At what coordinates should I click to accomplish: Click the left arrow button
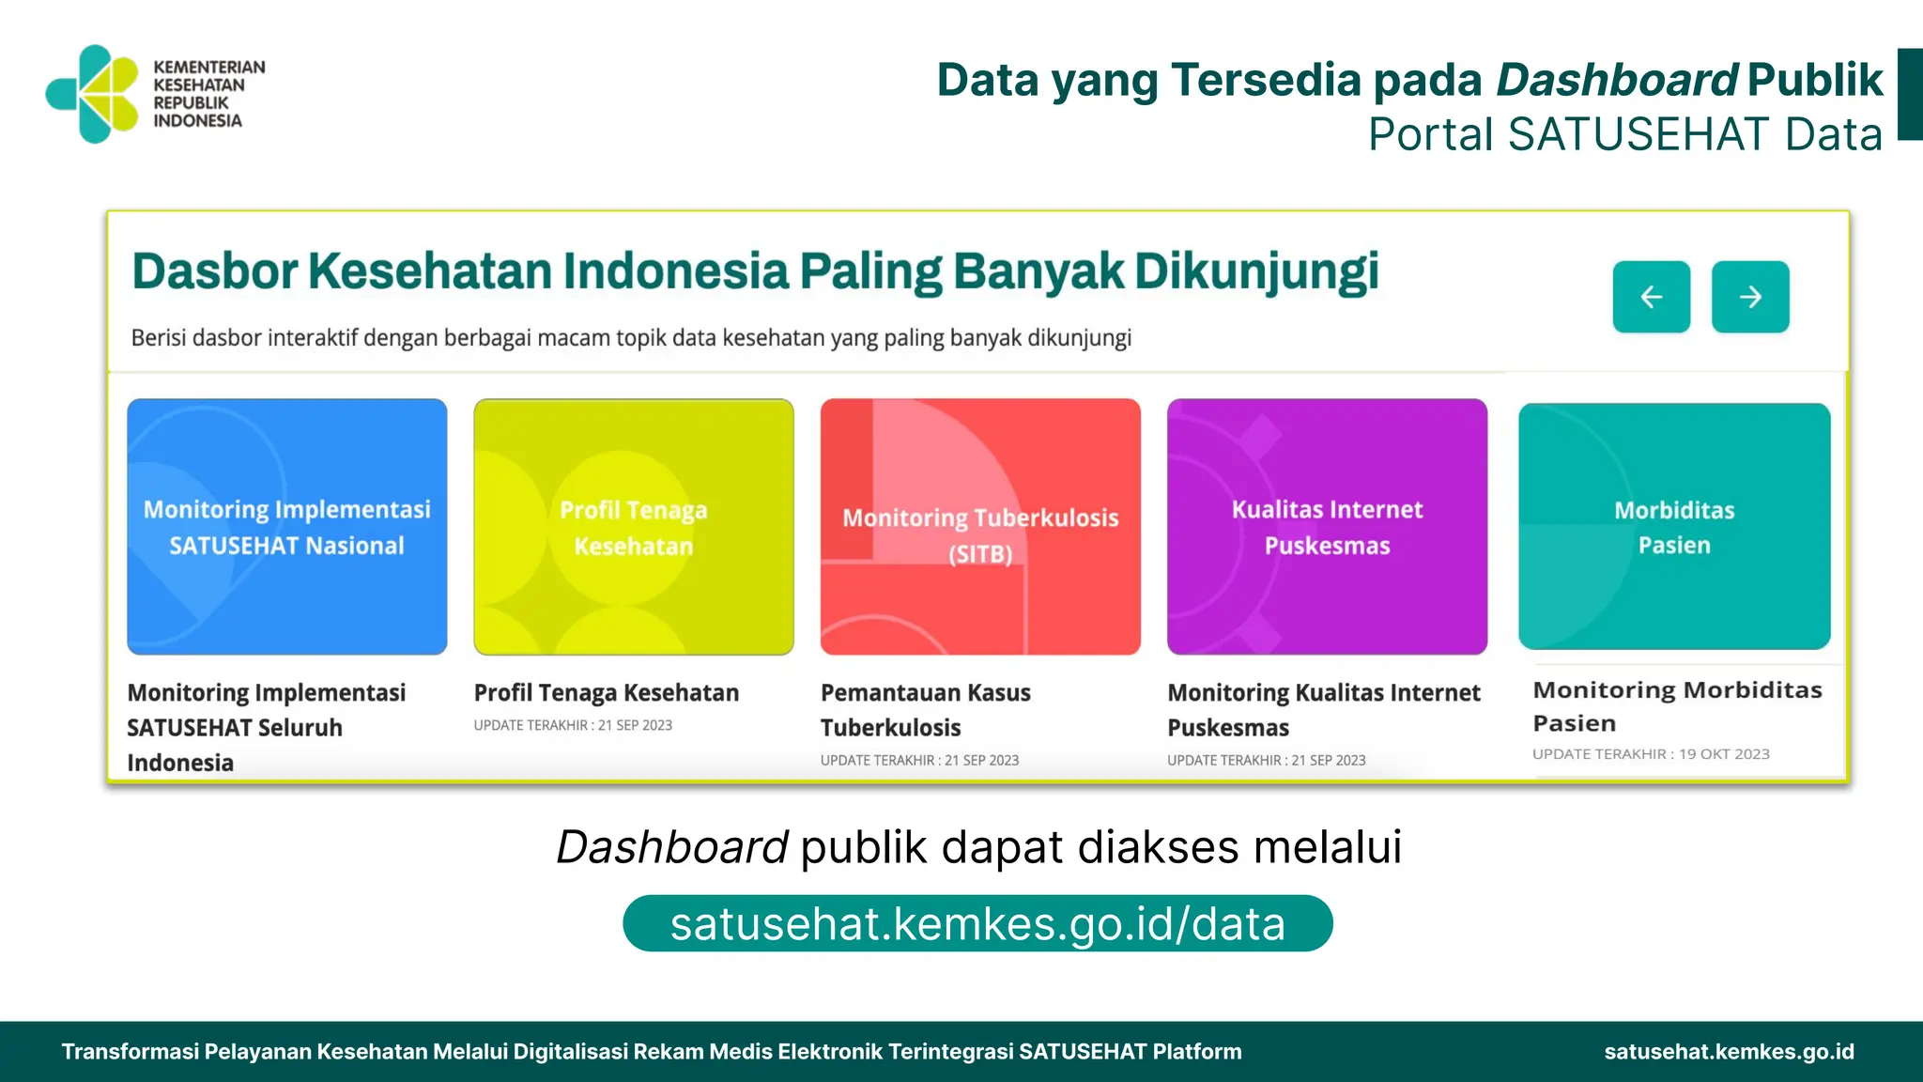pyautogui.click(x=1651, y=297)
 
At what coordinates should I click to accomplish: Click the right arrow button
pyautogui.click(x=1749, y=297)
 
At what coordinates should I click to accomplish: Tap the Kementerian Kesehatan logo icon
pyautogui.click(x=93, y=94)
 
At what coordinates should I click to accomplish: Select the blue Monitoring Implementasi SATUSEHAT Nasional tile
pyautogui.click(x=286, y=526)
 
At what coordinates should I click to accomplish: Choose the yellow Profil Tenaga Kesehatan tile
pyautogui.click(x=633, y=526)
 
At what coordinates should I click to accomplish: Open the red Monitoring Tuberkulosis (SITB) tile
pyautogui.click(x=980, y=526)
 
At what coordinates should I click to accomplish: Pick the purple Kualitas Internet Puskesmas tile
pyautogui.click(x=1327, y=526)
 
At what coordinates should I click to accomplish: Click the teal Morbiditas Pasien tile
pyautogui.click(x=1673, y=526)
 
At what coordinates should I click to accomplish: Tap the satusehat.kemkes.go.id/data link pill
pyautogui.click(x=977, y=924)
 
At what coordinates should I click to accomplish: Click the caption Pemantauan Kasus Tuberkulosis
pyautogui.click(x=925, y=710)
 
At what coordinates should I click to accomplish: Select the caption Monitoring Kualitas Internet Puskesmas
pyautogui.click(x=1323, y=710)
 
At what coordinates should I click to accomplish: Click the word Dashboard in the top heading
pyautogui.click(x=1616, y=80)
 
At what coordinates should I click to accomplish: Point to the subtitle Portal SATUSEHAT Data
pyautogui.click(x=1624, y=134)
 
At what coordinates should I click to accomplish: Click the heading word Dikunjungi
pyautogui.click(x=1256, y=272)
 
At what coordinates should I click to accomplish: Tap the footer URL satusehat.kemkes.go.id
pyautogui.click(x=1729, y=1052)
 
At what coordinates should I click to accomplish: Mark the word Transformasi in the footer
pyautogui.click(x=130, y=1052)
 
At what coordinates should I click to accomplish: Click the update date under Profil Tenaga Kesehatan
pyautogui.click(x=573, y=725)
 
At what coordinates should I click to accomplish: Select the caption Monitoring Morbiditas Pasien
pyautogui.click(x=1677, y=706)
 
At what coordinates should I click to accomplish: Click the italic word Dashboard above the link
pyautogui.click(x=671, y=847)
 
